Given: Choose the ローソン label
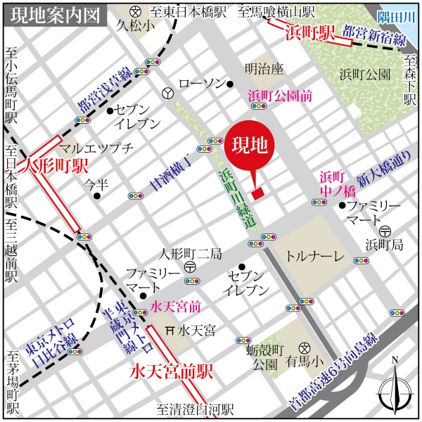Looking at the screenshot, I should click(x=201, y=84).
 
